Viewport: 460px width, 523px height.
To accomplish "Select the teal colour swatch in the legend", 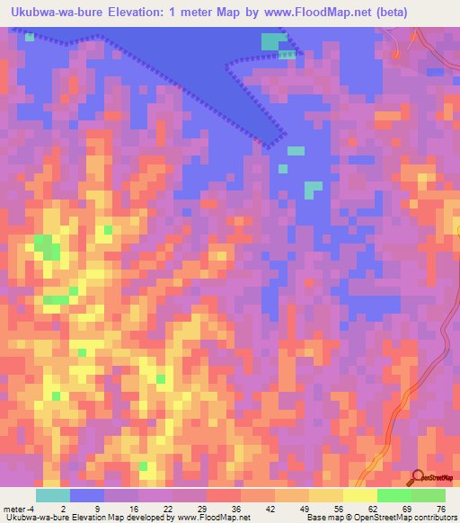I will coord(53,495).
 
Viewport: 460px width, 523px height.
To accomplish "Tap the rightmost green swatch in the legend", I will coord(429,495).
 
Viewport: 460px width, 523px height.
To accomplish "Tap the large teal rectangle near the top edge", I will coord(270,41).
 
